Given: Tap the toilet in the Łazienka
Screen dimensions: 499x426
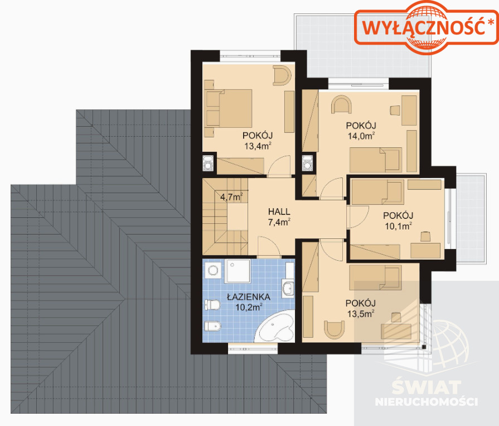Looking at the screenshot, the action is tap(212, 305).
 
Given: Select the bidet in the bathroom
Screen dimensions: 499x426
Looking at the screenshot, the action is tap(212, 326).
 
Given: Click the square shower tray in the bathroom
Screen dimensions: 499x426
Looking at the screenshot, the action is tap(238, 271).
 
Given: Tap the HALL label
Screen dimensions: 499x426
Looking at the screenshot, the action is tap(279, 212).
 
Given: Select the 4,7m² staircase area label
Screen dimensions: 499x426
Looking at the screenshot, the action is tap(232, 197).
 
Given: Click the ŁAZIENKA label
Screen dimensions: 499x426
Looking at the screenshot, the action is tap(249, 297).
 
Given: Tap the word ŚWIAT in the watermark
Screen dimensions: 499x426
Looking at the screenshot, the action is tap(427, 387).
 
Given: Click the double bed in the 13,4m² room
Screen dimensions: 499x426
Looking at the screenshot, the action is tap(229, 108).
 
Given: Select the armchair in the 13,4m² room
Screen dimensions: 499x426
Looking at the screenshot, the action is tap(282, 75).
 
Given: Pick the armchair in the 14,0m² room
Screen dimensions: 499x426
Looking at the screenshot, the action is tap(341, 104).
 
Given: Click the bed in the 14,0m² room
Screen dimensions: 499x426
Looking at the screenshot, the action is tap(376, 160).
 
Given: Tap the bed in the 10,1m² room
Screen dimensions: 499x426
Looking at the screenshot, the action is tap(377, 192).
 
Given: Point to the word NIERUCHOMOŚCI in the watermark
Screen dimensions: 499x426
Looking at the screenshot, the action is tap(427, 402).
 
